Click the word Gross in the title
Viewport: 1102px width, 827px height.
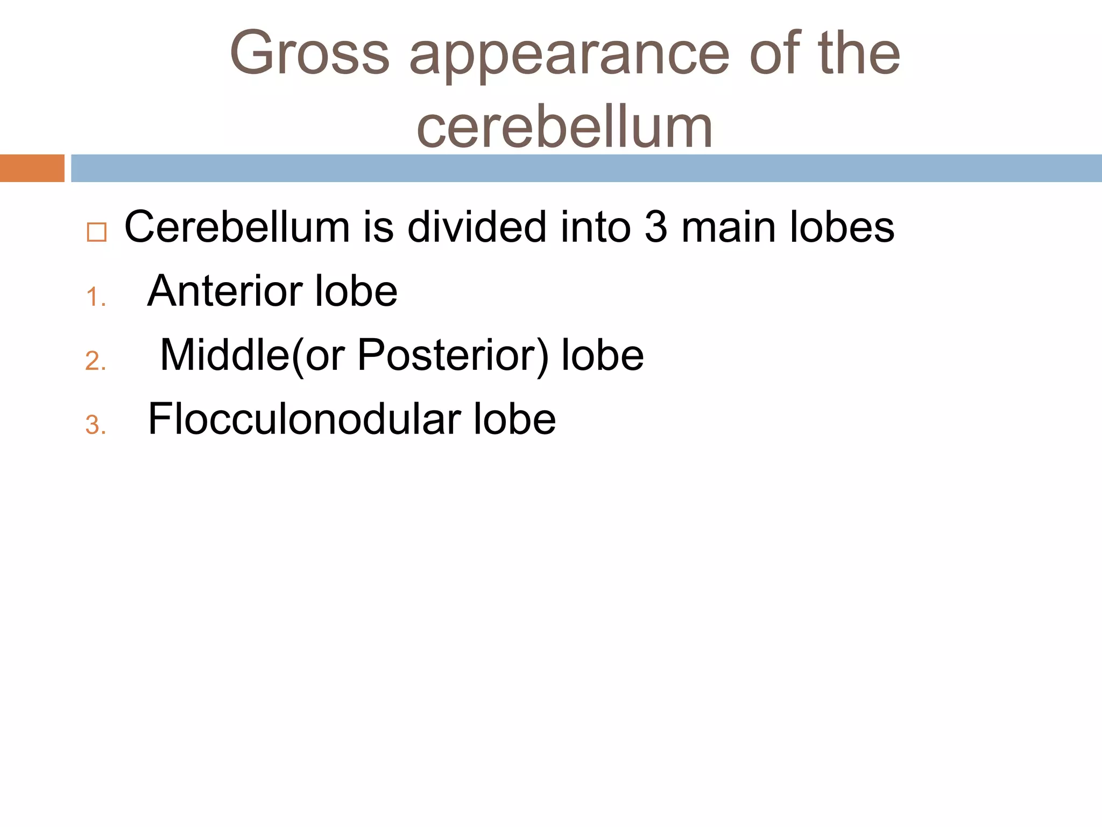pos(309,54)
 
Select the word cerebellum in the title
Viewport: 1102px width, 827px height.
pos(564,127)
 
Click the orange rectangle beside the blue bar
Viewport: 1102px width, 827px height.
pos(32,168)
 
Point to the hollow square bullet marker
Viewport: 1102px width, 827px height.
pos(97,232)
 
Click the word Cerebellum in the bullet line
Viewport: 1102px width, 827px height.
pos(237,227)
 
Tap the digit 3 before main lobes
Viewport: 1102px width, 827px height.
pos(655,227)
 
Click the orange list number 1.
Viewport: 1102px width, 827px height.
pos(95,297)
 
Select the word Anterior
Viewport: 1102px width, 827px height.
pos(224,291)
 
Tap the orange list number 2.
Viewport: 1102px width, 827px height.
pos(95,361)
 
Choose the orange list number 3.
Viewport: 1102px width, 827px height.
pos(95,425)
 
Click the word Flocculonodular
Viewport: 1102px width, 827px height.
pos(305,419)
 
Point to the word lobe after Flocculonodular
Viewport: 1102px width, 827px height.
pos(514,419)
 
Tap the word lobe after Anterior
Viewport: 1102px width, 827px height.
pos(356,291)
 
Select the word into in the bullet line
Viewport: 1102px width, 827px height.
pos(595,227)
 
